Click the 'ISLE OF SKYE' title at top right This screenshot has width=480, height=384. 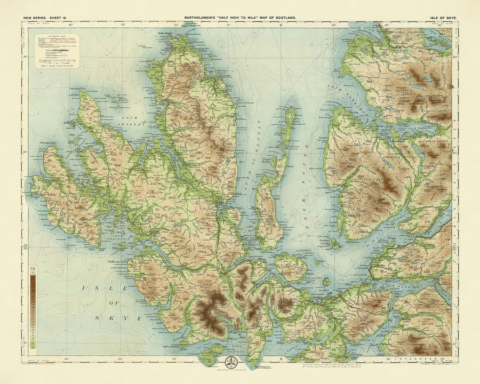point(443,18)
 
